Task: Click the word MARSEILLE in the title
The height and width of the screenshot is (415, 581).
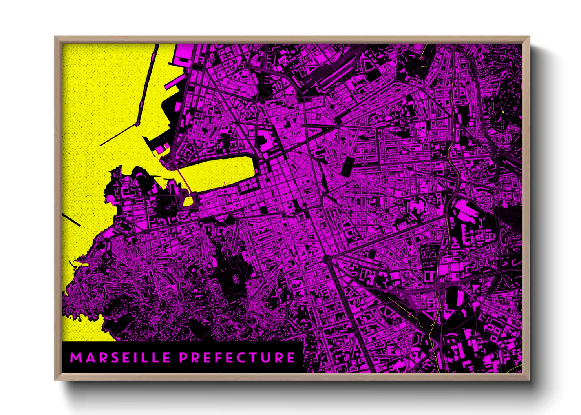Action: pos(120,357)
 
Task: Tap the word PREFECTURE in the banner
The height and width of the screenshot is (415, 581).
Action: pos(237,357)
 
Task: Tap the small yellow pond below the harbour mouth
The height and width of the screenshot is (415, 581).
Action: pos(189,201)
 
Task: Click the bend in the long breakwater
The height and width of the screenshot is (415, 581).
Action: pos(138,124)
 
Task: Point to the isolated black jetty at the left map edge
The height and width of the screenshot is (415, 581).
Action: pos(71,220)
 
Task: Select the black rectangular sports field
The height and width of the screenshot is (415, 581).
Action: pos(347,166)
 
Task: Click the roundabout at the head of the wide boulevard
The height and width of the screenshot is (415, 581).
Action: pos(327,259)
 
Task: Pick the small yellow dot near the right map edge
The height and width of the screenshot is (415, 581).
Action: pos(503,113)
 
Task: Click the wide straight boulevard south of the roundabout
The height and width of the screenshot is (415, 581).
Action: pos(349,310)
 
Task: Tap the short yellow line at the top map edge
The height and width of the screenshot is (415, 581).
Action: pos(423,51)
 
